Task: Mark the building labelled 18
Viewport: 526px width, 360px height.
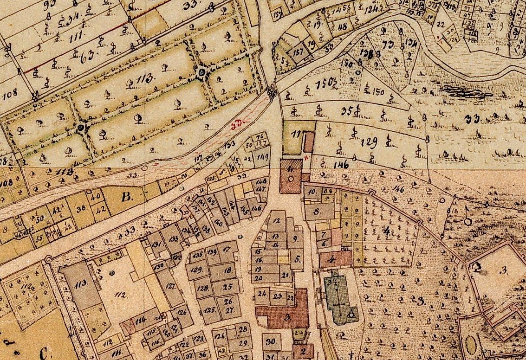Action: (227, 270)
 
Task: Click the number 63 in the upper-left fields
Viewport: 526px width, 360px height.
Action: (86, 58)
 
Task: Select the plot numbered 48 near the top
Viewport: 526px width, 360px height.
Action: (342, 27)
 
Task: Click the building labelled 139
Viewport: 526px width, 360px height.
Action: (212, 252)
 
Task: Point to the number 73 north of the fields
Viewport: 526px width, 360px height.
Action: (385, 45)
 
